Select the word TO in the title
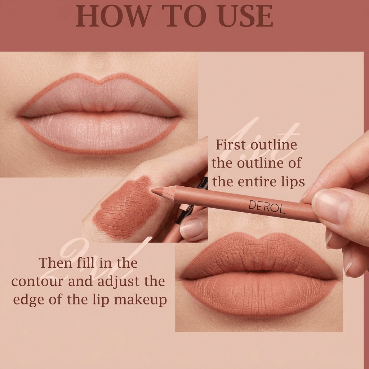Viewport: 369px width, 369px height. click(x=184, y=16)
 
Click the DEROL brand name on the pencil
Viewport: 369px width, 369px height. click(x=267, y=206)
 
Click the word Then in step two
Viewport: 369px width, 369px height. click(x=55, y=263)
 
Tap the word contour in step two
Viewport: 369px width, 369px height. click(x=37, y=281)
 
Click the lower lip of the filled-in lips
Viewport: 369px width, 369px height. click(x=259, y=294)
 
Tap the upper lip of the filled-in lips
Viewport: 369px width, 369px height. click(x=259, y=255)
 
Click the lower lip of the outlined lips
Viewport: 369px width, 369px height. click(x=100, y=133)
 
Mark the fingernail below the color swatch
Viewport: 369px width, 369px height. click(x=192, y=228)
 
